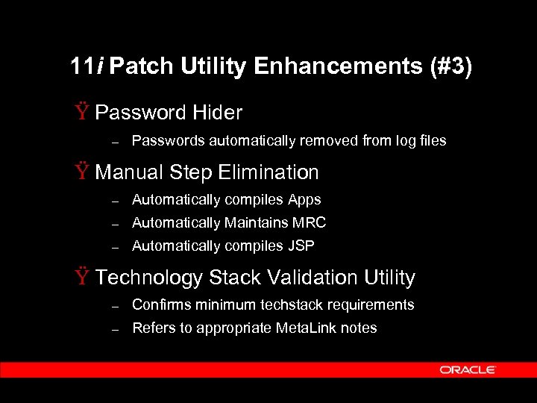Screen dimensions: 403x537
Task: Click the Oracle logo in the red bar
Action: click(x=468, y=369)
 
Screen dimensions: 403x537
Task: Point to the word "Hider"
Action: click(x=217, y=113)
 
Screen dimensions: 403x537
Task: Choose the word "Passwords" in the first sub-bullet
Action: click(x=169, y=140)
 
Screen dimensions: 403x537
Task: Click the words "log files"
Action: click(x=421, y=140)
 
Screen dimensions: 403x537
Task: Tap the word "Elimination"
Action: click(x=268, y=172)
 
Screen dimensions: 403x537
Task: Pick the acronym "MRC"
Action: click(x=310, y=222)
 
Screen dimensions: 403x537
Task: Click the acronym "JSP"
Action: click(x=301, y=246)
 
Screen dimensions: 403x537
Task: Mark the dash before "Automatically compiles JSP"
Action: click(x=115, y=246)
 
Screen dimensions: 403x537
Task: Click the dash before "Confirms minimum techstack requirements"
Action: click(x=115, y=305)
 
